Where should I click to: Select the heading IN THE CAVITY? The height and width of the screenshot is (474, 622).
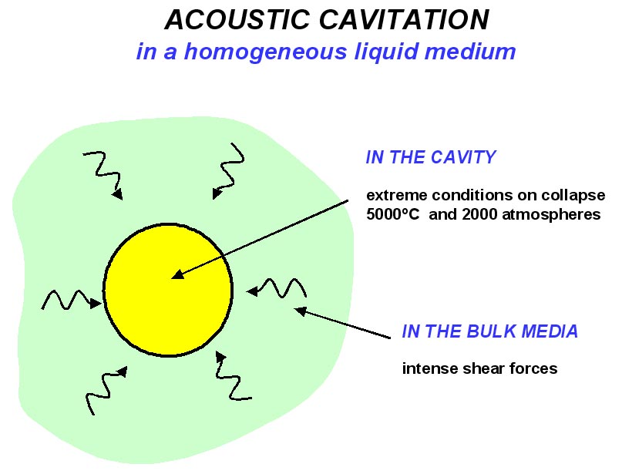coord(430,158)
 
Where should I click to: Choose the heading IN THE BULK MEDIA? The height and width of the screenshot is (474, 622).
coord(490,332)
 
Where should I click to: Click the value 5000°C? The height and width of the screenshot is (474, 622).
coord(394,215)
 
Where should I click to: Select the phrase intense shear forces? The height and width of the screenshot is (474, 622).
coord(479,368)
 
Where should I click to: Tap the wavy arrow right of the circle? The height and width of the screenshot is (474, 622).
coord(277,290)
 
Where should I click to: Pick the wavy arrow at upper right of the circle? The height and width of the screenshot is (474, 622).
coord(229,168)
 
